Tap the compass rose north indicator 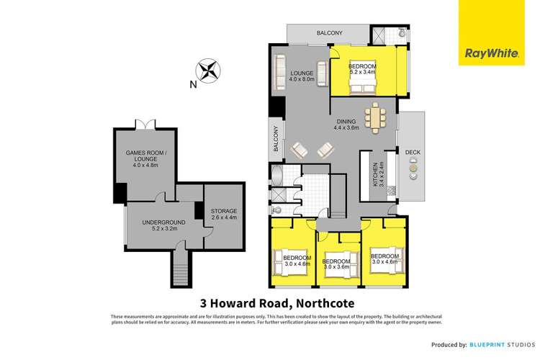(209, 72)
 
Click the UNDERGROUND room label (161, 225)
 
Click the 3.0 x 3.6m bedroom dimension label (335, 264)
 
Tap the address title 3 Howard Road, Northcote (270, 302)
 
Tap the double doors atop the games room (149, 125)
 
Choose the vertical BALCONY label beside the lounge (275, 138)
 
